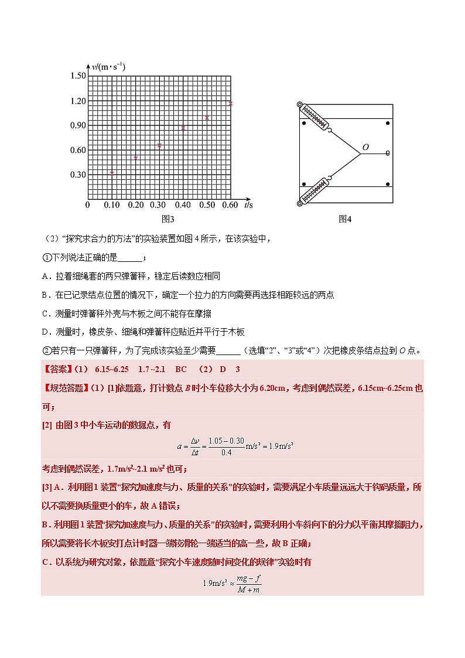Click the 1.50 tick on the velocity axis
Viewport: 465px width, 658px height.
tap(78, 76)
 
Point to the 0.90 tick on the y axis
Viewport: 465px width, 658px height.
tap(78, 125)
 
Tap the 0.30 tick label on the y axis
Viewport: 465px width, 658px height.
tap(78, 175)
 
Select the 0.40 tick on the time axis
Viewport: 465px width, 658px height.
tap(183, 205)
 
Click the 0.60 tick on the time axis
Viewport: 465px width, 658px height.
tap(230, 205)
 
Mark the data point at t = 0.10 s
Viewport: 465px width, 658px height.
tap(112, 173)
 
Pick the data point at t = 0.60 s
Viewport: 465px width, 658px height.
tap(231, 104)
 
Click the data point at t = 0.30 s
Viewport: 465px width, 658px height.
tap(159, 145)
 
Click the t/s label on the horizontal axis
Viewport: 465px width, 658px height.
tap(249, 205)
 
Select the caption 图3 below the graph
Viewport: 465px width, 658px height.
tap(168, 219)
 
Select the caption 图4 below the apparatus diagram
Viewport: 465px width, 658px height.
tap(345, 219)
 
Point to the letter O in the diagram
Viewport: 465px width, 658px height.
tap(365, 148)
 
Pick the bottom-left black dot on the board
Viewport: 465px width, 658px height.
tap(304, 185)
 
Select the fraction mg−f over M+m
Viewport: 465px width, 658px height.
tap(248, 584)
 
